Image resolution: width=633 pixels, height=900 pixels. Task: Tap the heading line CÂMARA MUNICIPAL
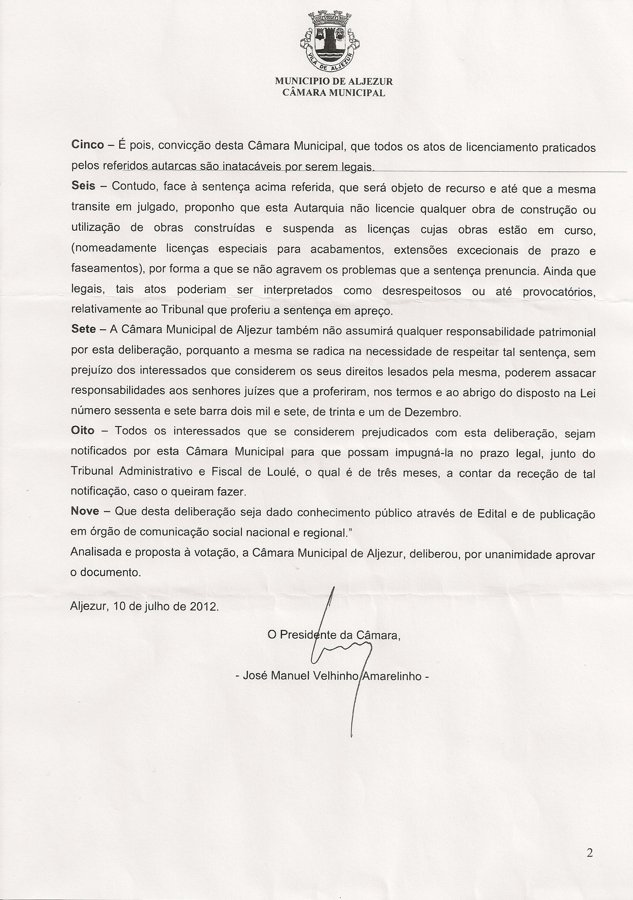click(x=334, y=93)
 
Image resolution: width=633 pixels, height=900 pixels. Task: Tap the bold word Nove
click(x=85, y=511)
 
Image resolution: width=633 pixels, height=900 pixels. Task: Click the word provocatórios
click(x=559, y=292)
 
